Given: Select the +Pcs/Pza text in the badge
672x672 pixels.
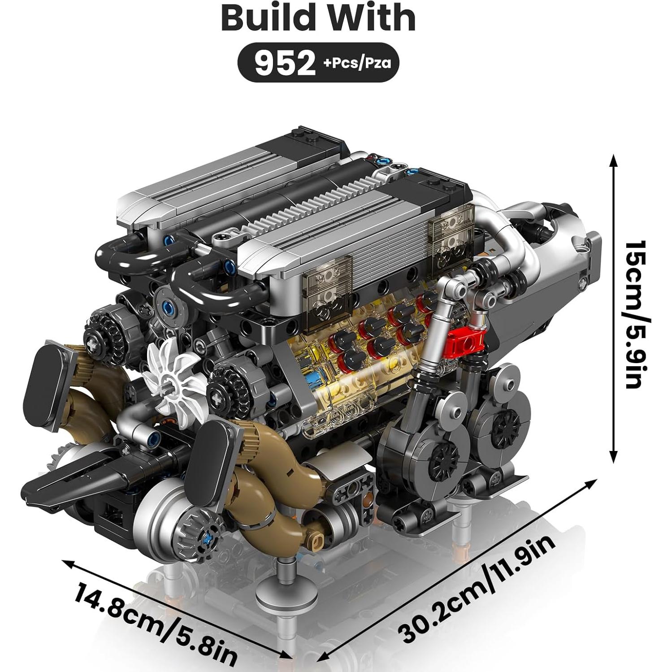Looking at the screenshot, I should (x=357, y=63).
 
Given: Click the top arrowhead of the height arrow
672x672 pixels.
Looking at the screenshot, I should (x=614, y=158).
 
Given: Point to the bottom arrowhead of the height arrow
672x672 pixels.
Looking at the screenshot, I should (x=614, y=458).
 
